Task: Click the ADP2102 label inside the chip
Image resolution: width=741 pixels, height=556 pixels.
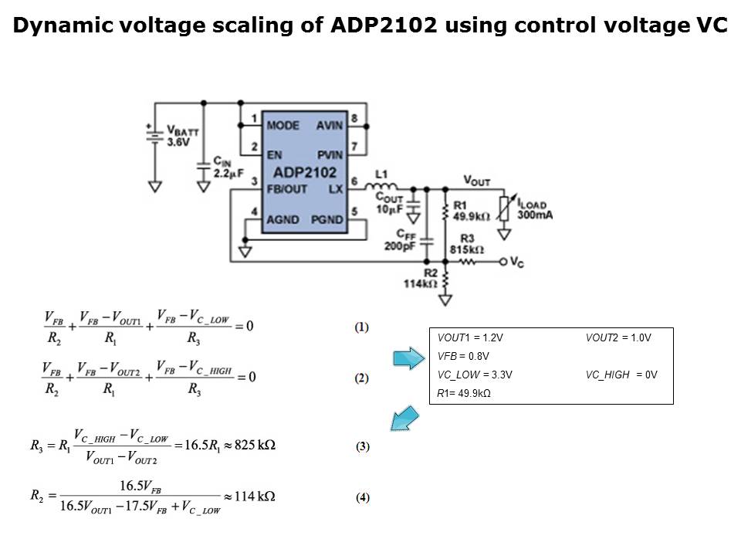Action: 305,172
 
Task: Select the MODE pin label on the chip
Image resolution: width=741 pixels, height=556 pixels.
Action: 283,125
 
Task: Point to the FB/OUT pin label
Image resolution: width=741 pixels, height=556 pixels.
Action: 286,189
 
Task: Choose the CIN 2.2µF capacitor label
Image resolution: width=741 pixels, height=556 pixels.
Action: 227,168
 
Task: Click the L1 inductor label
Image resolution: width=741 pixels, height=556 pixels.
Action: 381,175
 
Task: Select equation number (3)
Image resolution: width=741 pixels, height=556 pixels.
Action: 363,446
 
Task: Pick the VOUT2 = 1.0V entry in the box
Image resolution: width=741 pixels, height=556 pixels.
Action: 618,337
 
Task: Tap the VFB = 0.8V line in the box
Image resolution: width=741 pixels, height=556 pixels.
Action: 463,356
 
